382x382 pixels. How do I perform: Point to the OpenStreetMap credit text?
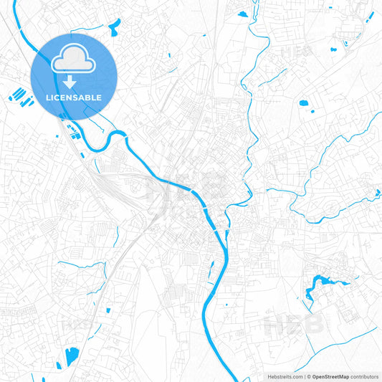[x=330, y=376]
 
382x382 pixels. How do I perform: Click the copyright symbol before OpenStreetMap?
[x=308, y=376]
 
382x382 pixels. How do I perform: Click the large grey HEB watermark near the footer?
[x=295, y=324]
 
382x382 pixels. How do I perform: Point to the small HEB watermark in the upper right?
[x=295, y=52]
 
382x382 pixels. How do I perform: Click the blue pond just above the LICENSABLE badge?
[x=113, y=28]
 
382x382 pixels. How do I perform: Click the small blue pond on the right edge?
[x=378, y=191]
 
